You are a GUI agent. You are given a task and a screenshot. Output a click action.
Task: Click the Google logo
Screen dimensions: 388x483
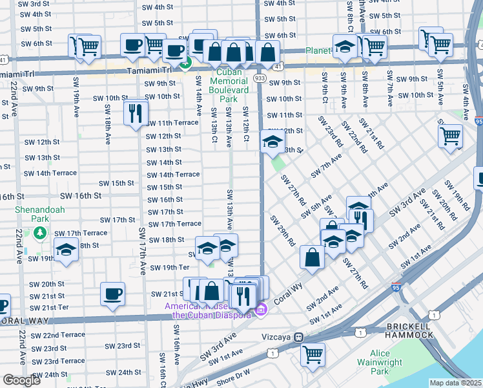click(21, 380)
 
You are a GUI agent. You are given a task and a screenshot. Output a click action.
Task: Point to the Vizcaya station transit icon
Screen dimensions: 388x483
click(299, 337)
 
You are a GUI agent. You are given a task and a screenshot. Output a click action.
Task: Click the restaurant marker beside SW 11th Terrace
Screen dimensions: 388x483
click(136, 113)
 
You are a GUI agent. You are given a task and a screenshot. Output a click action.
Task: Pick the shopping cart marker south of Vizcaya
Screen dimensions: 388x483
click(313, 353)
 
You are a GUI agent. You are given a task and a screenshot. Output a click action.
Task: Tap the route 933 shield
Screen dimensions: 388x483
click(260, 78)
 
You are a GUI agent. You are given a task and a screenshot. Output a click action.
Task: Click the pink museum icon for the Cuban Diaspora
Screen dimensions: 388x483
click(261, 310)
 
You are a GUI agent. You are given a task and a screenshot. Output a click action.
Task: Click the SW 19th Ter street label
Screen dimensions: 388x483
click(169, 267)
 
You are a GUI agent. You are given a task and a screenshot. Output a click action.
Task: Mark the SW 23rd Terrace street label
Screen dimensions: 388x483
click(58, 361)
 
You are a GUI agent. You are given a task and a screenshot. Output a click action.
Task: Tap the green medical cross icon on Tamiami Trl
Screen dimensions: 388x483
click(186, 63)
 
